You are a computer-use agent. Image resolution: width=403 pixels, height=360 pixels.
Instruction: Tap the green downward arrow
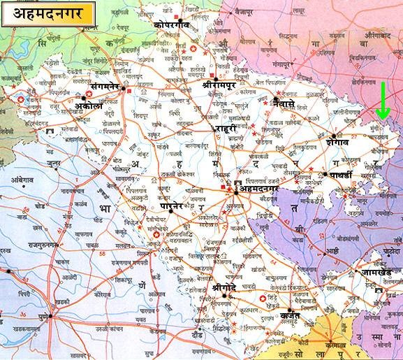pyautogui.click(x=382, y=101)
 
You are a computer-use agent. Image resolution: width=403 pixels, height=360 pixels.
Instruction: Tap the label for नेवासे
pyautogui.click(x=289, y=103)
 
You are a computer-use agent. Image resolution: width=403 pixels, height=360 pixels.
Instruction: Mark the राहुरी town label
pyautogui.click(x=227, y=129)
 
